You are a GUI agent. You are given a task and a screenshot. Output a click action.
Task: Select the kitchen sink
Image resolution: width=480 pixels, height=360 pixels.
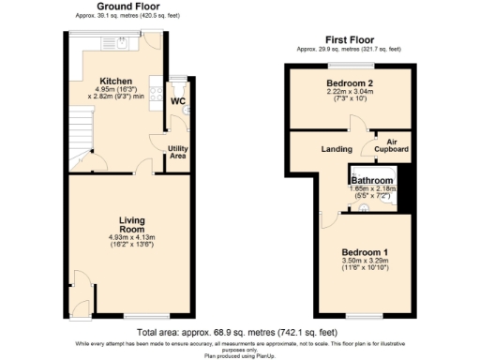click(x=124, y=42)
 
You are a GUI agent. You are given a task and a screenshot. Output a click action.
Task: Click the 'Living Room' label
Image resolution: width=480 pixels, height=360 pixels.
click(x=131, y=225)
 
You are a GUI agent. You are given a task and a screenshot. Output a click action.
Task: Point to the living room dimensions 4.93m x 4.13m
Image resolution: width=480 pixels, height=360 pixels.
click(x=131, y=241)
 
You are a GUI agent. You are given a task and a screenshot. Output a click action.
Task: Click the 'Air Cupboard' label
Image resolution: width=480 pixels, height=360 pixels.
click(x=391, y=145)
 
